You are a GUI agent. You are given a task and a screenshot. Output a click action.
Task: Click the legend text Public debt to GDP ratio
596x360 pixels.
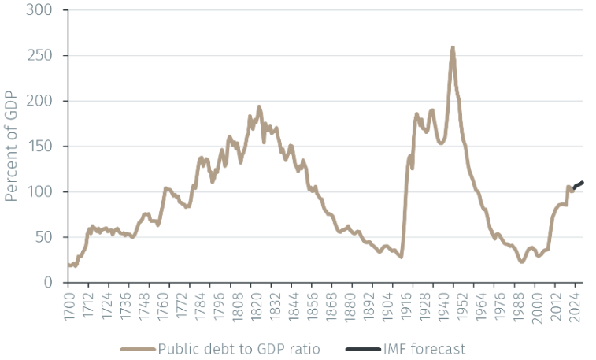tap(239, 348)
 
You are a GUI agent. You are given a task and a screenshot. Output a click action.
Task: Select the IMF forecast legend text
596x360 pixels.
tap(426, 348)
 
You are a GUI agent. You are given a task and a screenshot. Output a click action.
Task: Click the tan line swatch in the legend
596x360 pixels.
tap(137, 348)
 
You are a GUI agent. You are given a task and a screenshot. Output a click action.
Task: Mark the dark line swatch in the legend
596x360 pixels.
tap(362, 348)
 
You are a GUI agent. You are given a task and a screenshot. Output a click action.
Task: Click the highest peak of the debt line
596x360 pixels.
tap(453, 48)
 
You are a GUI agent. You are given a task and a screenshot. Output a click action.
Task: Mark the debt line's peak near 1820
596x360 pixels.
tap(259, 106)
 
